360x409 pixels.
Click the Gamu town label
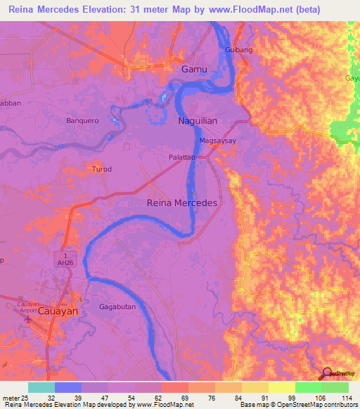(195, 70)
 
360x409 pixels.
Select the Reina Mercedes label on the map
(181, 202)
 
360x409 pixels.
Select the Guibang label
(238, 50)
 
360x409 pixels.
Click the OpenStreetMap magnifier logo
(327, 375)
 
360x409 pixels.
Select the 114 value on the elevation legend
(345, 398)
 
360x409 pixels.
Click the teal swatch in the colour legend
(41, 387)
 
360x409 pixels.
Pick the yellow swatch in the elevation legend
(282, 387)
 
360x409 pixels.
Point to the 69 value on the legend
(185, 398)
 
